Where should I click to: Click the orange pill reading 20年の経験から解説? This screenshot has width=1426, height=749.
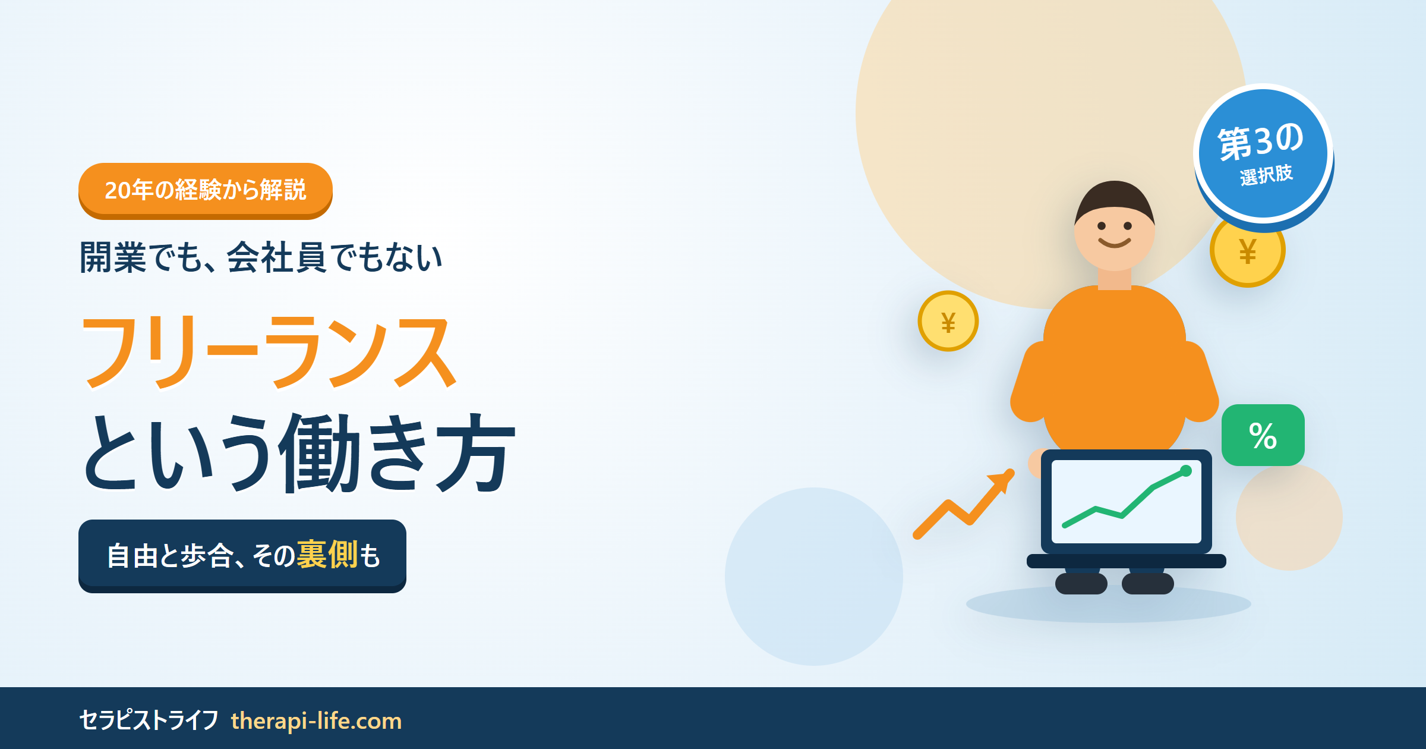click(x=205, y=190)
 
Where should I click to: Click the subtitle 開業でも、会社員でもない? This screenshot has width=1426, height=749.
click(x=261, y=257)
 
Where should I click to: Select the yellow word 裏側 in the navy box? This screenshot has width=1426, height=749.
click(x=327, y=555)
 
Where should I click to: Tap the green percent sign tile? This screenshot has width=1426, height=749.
click(x=1263, y=435)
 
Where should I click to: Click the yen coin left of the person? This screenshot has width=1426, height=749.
click(x=948, y=321)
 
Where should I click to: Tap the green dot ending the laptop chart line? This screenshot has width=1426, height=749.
click(x=1186, y=471)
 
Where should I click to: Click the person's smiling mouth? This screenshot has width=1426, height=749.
click(x=1115, y=243)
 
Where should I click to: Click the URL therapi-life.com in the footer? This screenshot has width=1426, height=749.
click(x=316, y=720)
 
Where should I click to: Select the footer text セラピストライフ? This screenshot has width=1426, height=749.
click(x=149, y=720)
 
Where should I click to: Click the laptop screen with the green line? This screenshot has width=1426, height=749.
click(x=1127, y=502)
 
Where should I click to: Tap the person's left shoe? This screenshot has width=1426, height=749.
click(x=1081, y=583)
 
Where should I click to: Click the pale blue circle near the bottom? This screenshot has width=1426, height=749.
click(x=814, y=577)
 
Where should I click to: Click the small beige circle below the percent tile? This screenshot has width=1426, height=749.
click(x=1289, y=517)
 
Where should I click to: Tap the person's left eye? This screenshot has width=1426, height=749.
click(x=1102, y=226)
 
